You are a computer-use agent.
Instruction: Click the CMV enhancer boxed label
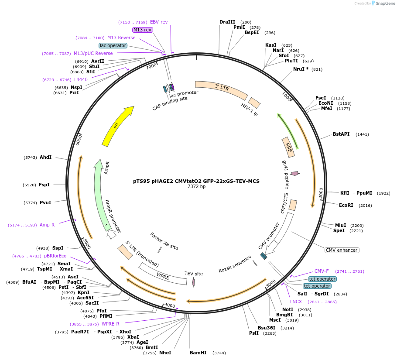click(342, 250)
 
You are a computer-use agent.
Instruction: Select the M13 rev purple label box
click(143, 30)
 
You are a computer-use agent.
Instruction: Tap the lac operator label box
click(113, 45)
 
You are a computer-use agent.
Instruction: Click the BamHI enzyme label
click(198, 353)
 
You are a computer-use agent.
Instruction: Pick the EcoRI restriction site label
click(346, 205)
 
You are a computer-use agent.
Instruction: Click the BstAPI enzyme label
click(341, 134)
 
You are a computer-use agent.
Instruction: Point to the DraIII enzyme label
click(227, 22)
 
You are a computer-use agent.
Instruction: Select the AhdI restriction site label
click(45, 157)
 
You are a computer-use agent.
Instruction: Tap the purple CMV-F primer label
click(322, 271)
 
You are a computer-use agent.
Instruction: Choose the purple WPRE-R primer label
click(110, 324)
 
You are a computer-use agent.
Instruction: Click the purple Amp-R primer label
click(47, 225)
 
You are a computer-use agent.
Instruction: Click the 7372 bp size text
click(196, 186)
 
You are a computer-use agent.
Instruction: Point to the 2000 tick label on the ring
click(321, 192)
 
